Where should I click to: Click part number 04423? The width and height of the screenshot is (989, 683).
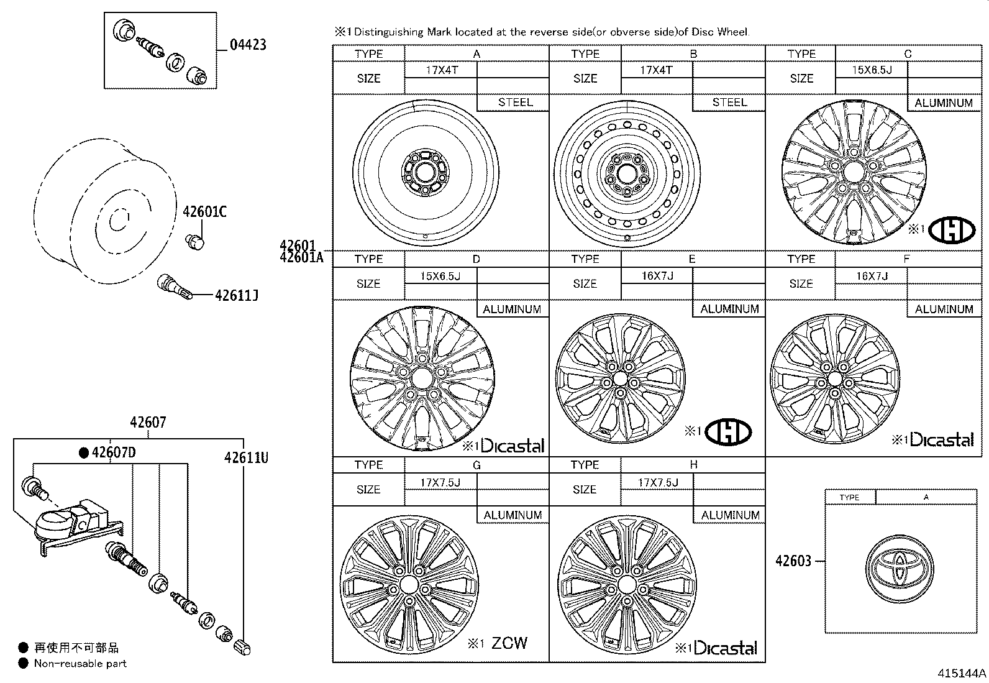pos(248,44)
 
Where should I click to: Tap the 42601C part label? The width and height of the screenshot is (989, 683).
pos(204,212)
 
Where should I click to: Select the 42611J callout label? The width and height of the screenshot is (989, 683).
pos(236,295)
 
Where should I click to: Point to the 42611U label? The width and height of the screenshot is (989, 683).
pos(246,458)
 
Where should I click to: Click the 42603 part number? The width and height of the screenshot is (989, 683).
pos(793,561)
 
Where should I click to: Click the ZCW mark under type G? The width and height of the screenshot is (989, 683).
pos(509,643)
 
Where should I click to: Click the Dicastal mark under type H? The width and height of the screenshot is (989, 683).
pos(724,648)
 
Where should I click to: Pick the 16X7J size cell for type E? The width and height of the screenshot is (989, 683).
pos(657,276)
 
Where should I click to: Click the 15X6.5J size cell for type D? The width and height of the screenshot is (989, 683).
pos(440,276)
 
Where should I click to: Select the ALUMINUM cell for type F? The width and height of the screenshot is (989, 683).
pos(944,309)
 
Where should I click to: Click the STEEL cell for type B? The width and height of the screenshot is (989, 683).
pos(729,103)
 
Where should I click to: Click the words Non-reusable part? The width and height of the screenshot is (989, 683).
pos(80,663)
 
